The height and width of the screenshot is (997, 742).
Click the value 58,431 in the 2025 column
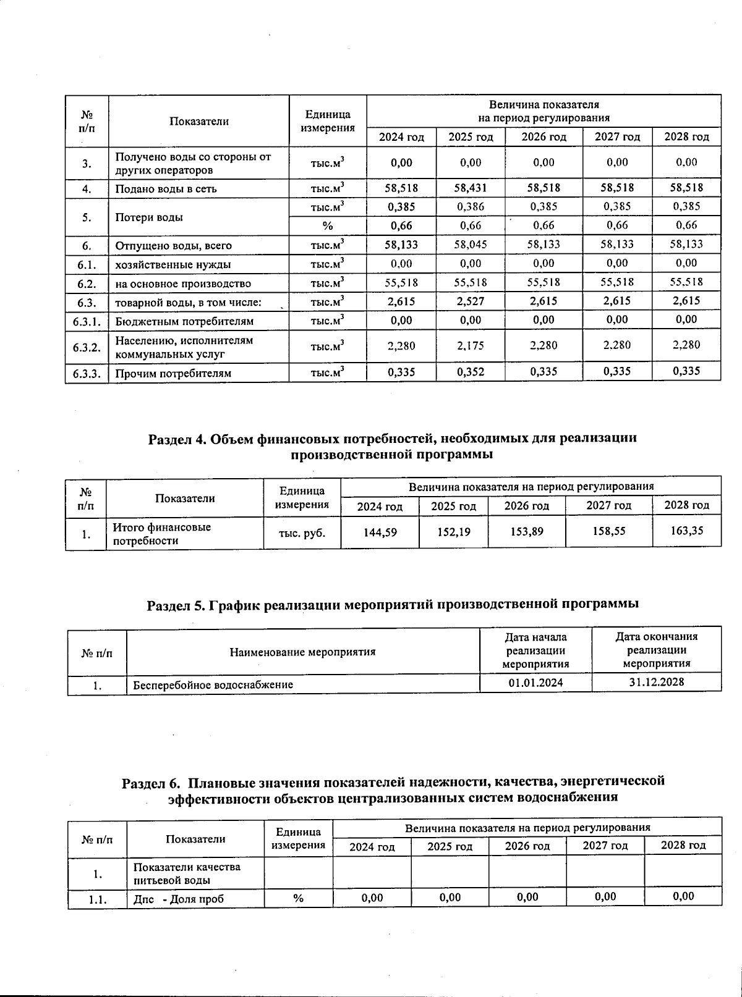coord(471,188)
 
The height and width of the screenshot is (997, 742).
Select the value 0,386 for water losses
coord(471,207)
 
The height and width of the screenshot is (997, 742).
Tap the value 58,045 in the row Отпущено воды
coord(471,245)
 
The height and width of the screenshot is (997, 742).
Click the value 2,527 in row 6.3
coord(471,301)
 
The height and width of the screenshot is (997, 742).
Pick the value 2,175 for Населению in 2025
coord(471,345)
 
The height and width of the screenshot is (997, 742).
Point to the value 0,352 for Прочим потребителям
coord(471,372)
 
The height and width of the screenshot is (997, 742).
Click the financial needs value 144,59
coord(380,531)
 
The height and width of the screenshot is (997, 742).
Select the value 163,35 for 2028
coord(686,531)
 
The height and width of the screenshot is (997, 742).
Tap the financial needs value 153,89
coord(526,531)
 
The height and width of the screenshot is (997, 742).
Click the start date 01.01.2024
coord(535,683)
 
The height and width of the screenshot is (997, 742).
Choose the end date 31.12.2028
coord(656,682)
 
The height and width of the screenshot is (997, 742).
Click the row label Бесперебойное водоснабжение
coord(213,684)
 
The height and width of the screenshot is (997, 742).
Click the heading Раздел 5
coord(392,604)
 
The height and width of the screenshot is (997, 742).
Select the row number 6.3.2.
coord(87,347)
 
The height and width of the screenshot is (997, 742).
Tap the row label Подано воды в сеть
coord(166,189)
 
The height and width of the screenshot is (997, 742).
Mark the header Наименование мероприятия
coord(302,652)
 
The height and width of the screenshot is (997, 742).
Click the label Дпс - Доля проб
coord(179,898)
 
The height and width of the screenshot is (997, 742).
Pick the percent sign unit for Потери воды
coord(328,226)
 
